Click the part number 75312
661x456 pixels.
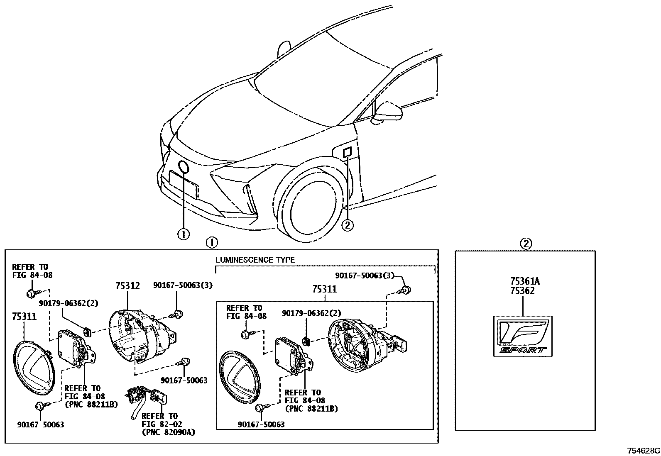127,286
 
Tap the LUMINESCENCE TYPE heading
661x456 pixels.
255,260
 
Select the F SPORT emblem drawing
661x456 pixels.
523,337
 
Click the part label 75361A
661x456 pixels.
525,281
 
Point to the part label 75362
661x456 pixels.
523,291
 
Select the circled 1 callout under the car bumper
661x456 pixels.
184,234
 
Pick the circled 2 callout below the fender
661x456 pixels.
348,226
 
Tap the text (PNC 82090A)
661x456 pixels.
169,432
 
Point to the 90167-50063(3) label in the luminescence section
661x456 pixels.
365,276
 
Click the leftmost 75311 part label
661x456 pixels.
24,317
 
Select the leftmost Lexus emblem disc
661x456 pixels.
34,369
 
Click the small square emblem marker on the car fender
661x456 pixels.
347,152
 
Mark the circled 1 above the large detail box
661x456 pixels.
212,243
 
